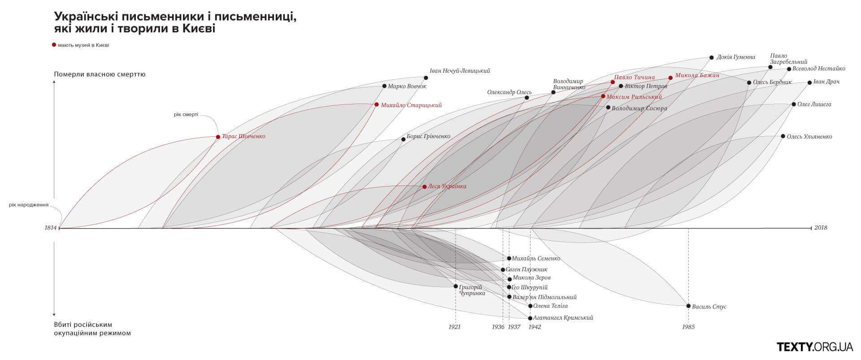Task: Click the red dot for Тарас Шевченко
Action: [x=218, y=137]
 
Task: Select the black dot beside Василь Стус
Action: [x=688, y=306]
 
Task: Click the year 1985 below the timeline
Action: [x=688, y=327]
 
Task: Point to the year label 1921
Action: [x=454, y=327]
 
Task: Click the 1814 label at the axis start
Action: [x=51, y=228]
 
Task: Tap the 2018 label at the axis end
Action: [x=821, y=228]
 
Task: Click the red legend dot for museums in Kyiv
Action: [x=54, y=45]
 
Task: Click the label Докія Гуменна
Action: [x=736, y=57]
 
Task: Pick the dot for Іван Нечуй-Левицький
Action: [x=426, y=78]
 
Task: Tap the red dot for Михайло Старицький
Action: [x=377, y=104]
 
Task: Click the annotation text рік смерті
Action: [x=186, y=114]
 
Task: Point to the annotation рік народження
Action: [x=29, y=205]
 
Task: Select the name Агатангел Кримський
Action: [x=563, y=318]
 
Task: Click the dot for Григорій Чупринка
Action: [x=456, y=286]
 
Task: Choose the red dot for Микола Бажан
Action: [x=670, y=78]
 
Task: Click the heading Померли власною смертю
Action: [x=100, y=74]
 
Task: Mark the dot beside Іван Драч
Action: [x=809, y=82]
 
